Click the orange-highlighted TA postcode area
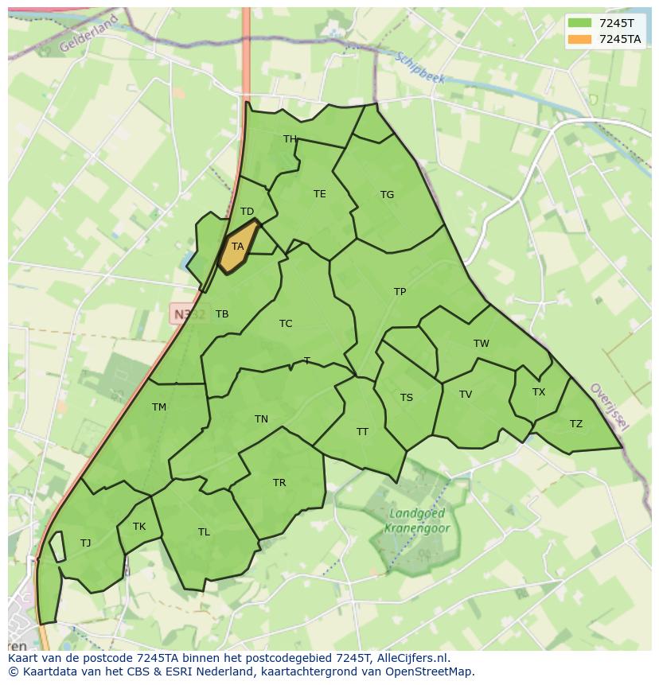(237, 247)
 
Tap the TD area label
(247, 212)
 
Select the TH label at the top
(290, 139)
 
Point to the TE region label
(319, 194)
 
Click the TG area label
(387, 195)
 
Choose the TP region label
(400, 292)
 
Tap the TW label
(481, 344)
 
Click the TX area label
(539, 392)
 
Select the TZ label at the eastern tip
(575, 424)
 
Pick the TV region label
(466, 395)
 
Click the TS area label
(407, 398)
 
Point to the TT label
(362, 432)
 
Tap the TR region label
(279, 483)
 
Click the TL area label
(204, 532)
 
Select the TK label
(139, 527)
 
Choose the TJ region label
(85, 543)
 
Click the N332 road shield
(189, 313)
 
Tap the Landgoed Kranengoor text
(417, 520)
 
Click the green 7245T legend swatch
(579, 23)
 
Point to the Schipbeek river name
(420, 69)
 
